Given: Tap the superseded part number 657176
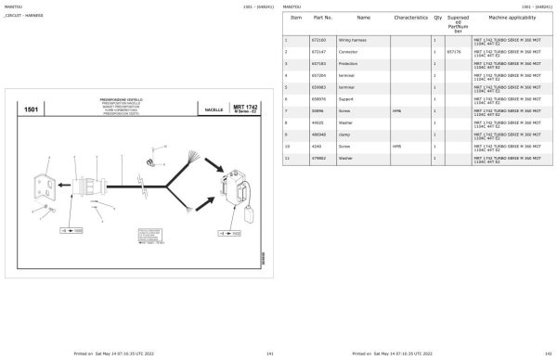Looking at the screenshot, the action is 453,52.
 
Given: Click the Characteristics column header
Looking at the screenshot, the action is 409,18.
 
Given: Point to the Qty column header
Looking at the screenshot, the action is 436,18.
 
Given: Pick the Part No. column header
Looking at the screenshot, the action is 323,18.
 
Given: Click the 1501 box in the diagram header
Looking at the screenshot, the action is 32,110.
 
